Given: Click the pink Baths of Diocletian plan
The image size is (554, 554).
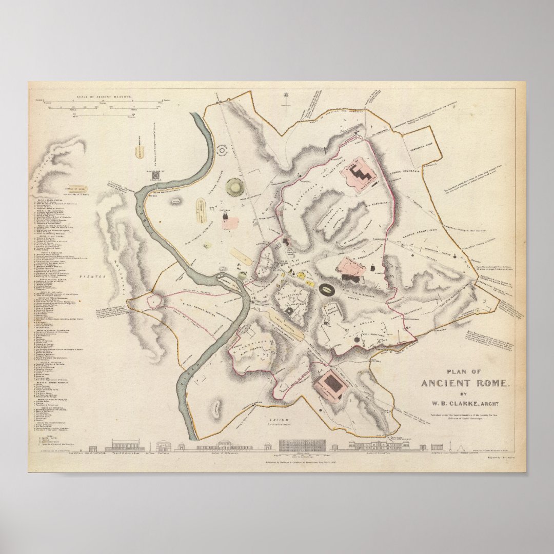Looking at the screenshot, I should click(x=361, y=174).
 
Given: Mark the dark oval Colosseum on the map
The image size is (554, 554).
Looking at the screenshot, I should click(x=326, y=290).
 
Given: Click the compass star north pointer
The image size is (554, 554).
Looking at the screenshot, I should click(x=286, y=95).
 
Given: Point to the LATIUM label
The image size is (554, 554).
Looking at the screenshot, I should click(x=280, y=420).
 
